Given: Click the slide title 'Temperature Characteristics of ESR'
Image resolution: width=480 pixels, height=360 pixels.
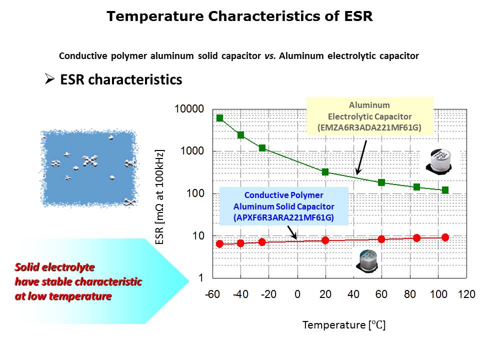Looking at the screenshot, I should pyautogui.click(x=239, y=16).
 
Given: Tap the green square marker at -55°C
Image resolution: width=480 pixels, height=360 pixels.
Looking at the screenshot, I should pyautogui.click(x=219, y=118).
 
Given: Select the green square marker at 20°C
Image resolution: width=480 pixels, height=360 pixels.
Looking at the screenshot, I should pyautogui.click(x=325, y=172).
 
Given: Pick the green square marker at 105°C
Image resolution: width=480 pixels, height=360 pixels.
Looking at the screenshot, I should pyautogui.click(x=445, y=190).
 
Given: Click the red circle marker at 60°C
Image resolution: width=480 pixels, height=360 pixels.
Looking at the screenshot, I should pyautogui.click(x=381, y=239).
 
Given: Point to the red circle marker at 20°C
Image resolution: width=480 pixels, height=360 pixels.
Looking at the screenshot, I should pyautogui.click(x=325, y=240).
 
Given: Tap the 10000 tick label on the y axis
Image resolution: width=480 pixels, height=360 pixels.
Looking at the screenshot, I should pyautogui.click(x=189, y=109).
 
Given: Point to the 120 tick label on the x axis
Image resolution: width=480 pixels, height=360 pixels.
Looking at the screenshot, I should pyautogui.click(x=466, y=294).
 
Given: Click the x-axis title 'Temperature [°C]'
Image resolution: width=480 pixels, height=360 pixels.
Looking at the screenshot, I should pyautogui.click(x=344, y=325).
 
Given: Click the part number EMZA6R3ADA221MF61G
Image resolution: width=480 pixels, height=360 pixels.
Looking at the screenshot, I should pyautogui.click(x=369, y=127).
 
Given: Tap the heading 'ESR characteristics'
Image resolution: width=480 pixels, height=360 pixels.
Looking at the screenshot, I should pyautogui.click(x=121, y=79).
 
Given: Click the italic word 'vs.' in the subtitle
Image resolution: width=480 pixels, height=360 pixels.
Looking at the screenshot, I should pyautogui.click(x=270, y=56).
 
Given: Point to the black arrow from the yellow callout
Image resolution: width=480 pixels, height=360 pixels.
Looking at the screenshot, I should pyautogui.click(x=361, y=157).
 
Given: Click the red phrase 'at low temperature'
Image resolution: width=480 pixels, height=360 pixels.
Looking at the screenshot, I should pyautogui.click(x=63, y=296).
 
